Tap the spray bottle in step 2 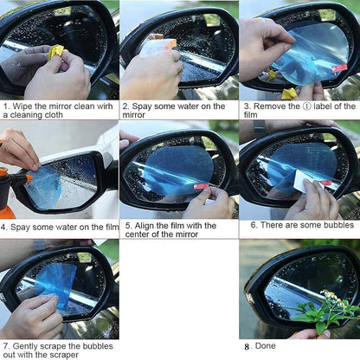pyautogui.click(x=159, y=46)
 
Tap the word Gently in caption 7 pyautogui.click(x=29, y=344)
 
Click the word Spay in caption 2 pyautogui.click(x=144, y=106)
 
